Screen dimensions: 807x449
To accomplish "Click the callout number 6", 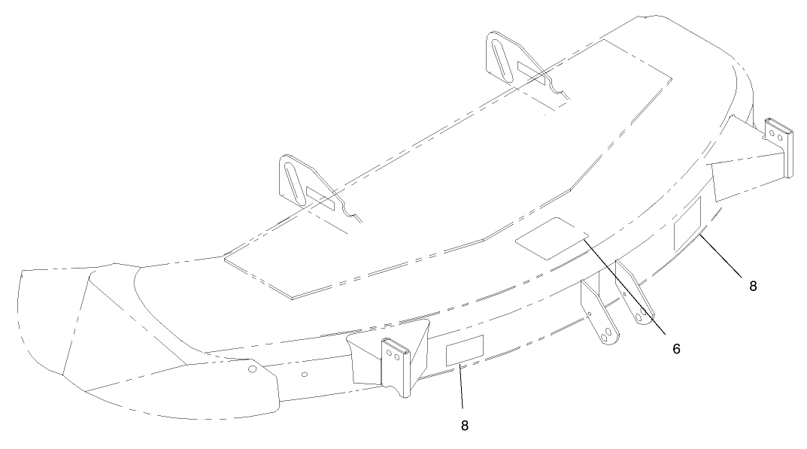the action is coord(676,348).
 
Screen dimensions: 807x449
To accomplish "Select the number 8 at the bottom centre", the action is coord(465,426).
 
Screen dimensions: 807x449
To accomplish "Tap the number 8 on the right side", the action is coord(753,287).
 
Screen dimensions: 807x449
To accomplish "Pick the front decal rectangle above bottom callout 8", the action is coord(465,350).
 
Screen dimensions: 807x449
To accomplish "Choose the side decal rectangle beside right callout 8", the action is coord(687,224).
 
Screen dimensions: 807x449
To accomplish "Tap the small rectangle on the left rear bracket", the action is coord(320,199).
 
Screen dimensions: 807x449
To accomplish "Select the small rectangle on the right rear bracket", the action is coord(531,73).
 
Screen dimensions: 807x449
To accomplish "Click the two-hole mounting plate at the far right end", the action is coord(777,147).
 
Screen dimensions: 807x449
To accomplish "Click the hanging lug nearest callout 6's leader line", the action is coord(634,293).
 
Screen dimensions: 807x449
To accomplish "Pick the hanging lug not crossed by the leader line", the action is coord(599,312).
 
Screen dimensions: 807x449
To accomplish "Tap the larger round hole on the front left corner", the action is coord(252,369).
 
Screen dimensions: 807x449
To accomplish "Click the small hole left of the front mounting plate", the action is coord(304,375).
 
